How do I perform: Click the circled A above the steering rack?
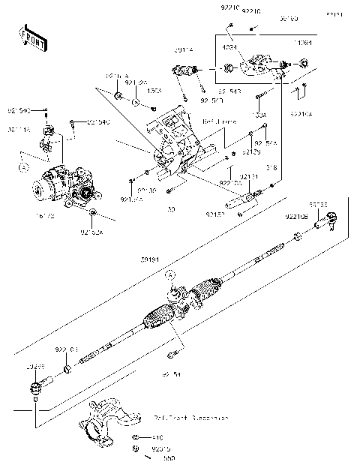click(x=170, y=275)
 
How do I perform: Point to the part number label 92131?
click(x=250, y=177)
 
